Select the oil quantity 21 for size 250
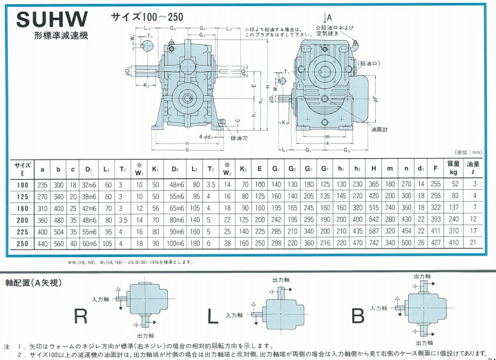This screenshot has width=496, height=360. click(475, 243)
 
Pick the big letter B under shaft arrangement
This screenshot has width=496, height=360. click(358, 317)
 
